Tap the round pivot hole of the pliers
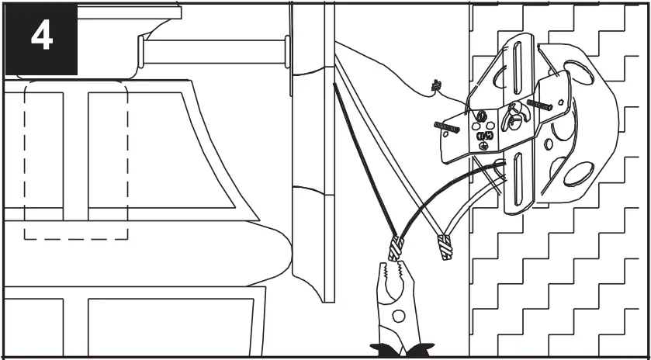click(396, 316)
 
